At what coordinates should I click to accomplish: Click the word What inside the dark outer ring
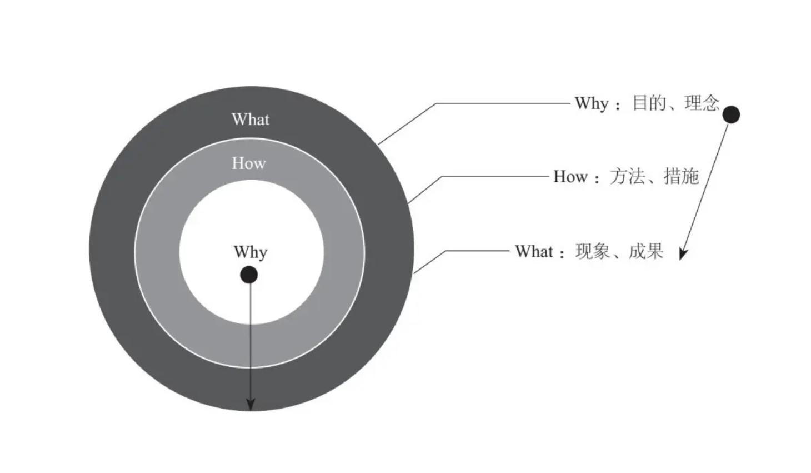click(251, 120)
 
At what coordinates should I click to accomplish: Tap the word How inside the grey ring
click(249, 163)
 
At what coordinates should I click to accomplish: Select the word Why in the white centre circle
click(251, 252)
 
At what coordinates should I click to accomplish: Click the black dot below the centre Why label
click(249, 275)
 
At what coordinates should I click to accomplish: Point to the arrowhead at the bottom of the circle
click(251, 404)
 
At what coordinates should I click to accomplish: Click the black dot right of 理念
click(731, 114)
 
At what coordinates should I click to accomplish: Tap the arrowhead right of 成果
click(683, 253)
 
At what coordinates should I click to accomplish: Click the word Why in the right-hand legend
click(592, 103)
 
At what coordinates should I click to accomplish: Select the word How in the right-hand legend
click(570, 177)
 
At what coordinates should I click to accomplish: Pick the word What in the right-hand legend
click(534, 252)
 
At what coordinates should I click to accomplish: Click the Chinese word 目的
click(649, 103)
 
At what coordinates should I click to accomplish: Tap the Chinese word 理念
click(702, 103)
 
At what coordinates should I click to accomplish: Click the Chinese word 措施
click(681, 177)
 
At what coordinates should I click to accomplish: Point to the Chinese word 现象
click(593, 252)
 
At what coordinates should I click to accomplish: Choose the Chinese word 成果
click(646, 252)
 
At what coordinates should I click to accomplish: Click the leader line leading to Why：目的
click(500, 103)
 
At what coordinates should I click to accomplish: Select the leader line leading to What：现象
click(478, 251)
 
